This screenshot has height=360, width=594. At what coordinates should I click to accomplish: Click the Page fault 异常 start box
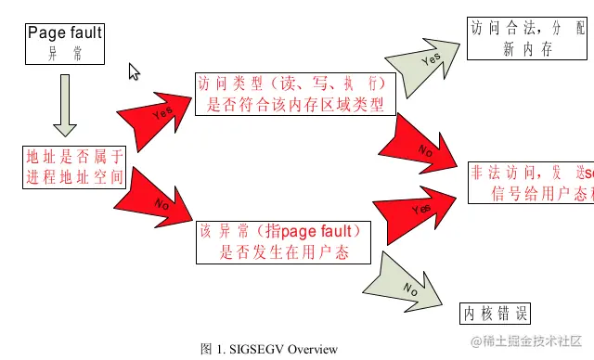(64, 44)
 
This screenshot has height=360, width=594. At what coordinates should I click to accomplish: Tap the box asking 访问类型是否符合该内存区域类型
(294, 93)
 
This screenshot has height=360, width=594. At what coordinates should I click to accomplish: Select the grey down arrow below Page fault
(64, 105)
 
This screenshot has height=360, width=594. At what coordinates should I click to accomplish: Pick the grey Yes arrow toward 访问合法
(427, 61)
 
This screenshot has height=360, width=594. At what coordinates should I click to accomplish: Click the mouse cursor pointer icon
(134, 71)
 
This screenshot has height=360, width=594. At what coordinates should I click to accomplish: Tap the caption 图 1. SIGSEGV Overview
(269, 349)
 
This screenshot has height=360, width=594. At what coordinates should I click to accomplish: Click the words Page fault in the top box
(64, 34)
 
